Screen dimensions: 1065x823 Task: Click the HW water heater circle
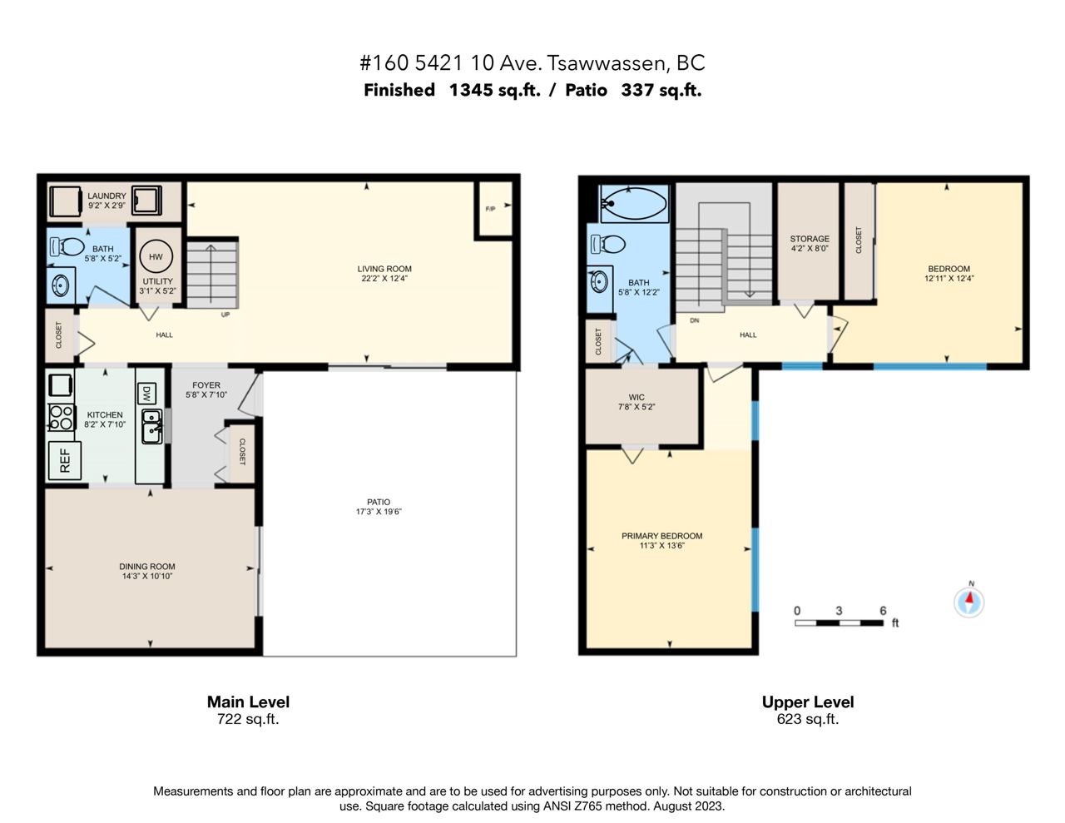(156, 256)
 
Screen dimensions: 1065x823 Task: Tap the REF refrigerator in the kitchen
(65, 460)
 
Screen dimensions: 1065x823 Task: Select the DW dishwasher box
(146, 394)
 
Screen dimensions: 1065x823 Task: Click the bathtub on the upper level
(634, 203)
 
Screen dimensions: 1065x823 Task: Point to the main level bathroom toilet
(67, 246)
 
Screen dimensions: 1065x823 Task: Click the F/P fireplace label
(490, 209)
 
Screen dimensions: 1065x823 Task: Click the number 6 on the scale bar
(883, 610)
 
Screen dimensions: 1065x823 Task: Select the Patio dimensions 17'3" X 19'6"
(379, 512)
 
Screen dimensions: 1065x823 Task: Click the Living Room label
(384, 269)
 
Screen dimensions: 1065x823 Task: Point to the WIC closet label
(637, 397)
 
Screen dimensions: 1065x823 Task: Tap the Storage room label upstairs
(810, 239)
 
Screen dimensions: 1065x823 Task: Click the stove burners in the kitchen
(62, 417)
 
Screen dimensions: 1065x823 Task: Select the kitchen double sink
(151, 426)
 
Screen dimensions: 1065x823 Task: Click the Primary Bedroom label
(661, 536)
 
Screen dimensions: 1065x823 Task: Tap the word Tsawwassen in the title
(606, 62)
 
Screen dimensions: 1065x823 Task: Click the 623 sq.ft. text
(808, 719)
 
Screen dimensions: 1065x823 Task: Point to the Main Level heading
(248, 702)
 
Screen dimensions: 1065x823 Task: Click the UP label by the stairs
(225, 315)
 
